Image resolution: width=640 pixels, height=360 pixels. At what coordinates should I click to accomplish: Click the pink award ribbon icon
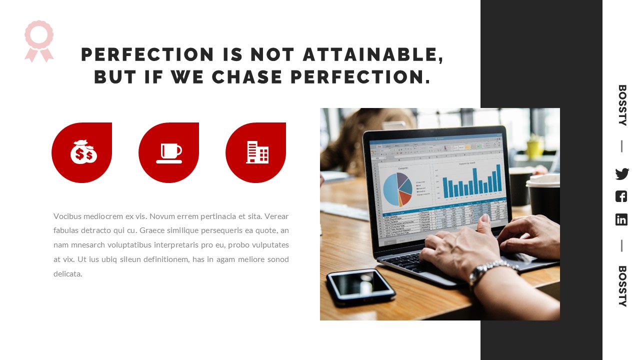pyautogui.click(x=39, y=40)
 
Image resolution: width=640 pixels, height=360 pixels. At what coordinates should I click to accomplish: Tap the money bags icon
pyautogui.click(x=83, y=152)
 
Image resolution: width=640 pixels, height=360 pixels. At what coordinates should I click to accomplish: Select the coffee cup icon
pyautogui.click(x=169, y=153)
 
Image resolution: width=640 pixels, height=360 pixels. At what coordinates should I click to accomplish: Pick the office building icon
pyautogui.click(x=257, y=152)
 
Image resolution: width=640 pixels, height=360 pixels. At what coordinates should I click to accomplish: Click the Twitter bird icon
pyautogui.click(x=621, y=174)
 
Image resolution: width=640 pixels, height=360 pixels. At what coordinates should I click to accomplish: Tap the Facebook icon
pyautogui.click(x=621, y=196)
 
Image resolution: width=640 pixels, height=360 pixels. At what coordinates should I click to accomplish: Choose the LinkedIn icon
pyautogui.click(x=621, y=219)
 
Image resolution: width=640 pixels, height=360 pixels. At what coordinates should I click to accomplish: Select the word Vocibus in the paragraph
pyautogui.click(x=67, y=216)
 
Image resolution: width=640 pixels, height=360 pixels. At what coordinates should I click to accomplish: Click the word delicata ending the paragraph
pyautogui.click(x=67, y=274)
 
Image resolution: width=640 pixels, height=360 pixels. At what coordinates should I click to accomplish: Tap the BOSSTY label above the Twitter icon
pyautogui.click(x=622, y=105)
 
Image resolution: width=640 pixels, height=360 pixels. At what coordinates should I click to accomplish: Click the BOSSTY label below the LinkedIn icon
pyautogui.click(x=622, y=286)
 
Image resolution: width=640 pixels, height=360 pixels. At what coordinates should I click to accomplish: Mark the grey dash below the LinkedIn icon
pyautogui.click(x=621, y=245)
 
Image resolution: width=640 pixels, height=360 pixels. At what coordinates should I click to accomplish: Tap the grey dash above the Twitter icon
pyautogui.click(x=621, y=146)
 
